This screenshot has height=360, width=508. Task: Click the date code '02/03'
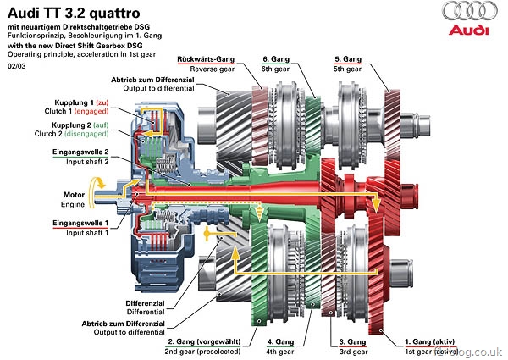(x=17, y=65)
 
